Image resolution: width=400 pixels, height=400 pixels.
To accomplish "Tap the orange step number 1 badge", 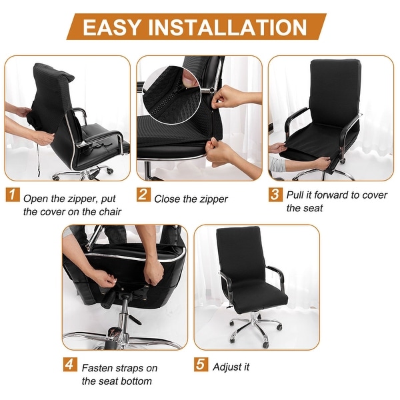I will (13, 197).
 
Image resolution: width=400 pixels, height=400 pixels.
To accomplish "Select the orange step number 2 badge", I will (143, 197).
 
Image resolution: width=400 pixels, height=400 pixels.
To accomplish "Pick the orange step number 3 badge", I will (275, 195).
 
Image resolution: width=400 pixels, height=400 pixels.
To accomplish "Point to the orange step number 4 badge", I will (70, 366).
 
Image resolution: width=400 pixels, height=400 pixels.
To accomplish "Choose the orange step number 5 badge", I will (201, 366).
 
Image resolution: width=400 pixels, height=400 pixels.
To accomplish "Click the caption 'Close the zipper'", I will (191, 199).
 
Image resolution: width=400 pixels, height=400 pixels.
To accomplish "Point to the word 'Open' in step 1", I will (35, 198).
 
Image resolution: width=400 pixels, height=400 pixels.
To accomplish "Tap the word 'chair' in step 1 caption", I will (108, 212).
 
